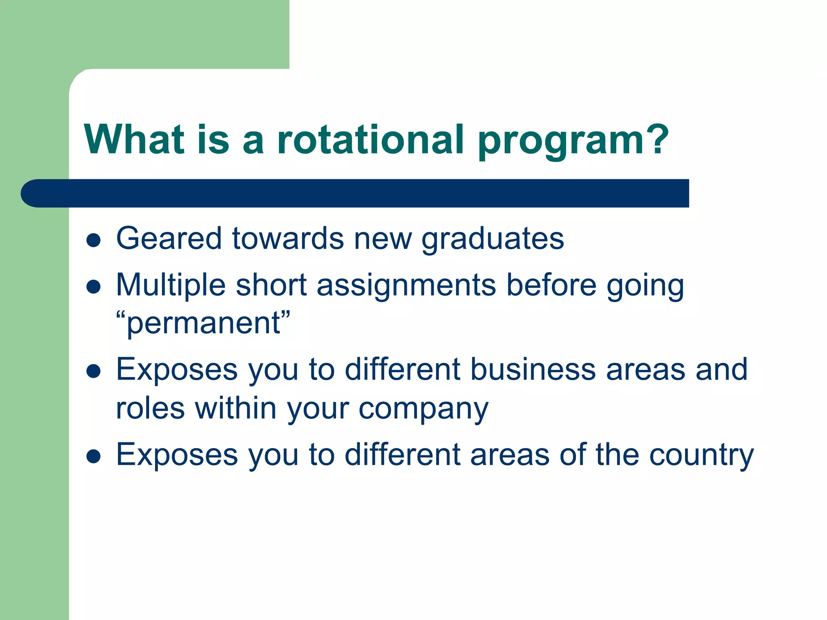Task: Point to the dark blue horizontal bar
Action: pyautogui.click(x=355, y=193)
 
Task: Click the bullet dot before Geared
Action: pyautogui.click(x=93, y=240)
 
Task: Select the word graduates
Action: pyautogui.click(x=493, y=239)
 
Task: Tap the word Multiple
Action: pyautogui.click(x=170, y=285)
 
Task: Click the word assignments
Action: pyautogui.click(x=406, y=285)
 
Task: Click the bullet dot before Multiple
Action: pyautogui.click(x=93, y=287)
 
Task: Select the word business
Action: pyautogui.click(x=533, y=369)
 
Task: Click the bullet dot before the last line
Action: pyautogui.click(x=93, y=457)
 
